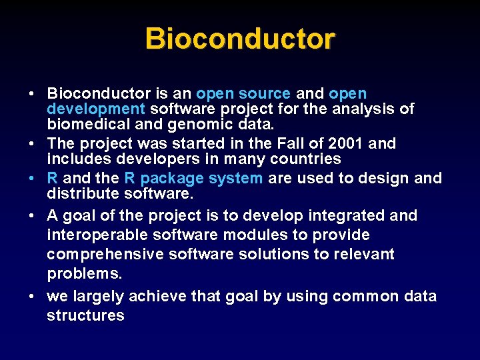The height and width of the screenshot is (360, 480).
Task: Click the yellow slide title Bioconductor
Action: [x=240, y=39]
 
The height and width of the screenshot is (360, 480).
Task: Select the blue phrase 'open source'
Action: [x=243, y=94]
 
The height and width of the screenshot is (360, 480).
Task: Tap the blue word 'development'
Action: [x=96, y=109]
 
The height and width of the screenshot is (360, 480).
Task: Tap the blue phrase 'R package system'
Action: [x=193, y=178]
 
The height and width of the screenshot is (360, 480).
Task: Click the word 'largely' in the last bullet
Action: [x=99, y=296]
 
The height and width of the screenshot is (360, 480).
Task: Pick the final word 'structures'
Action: [x=85, y=315]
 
